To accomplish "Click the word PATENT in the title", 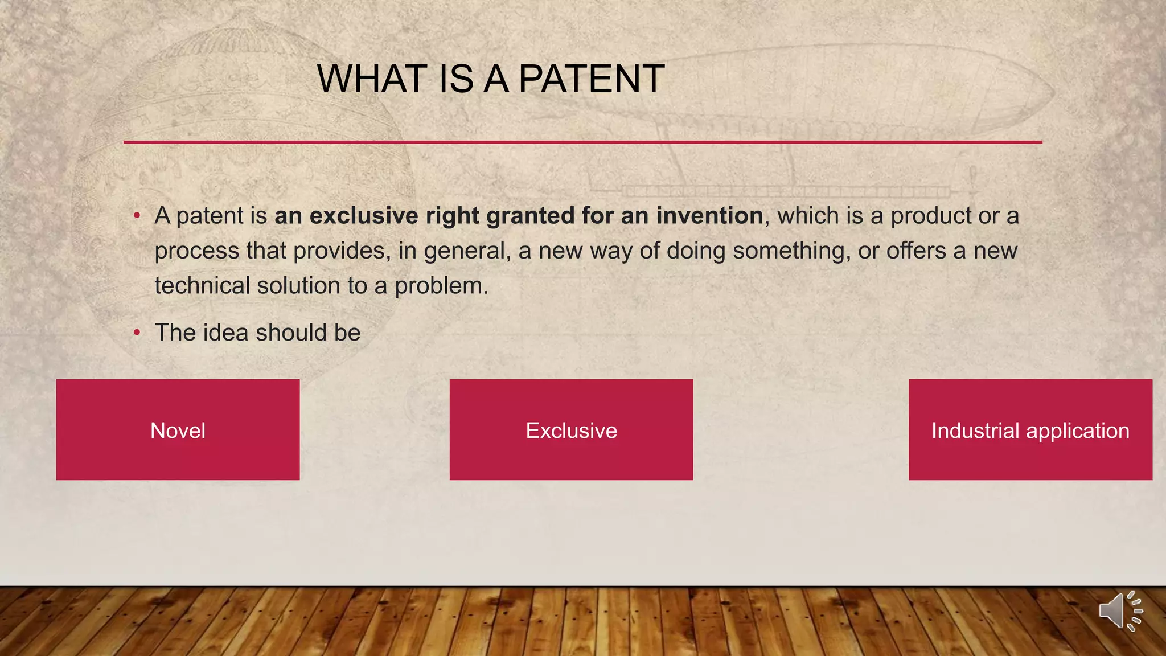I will coord(591,79).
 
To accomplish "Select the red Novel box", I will coord(178,430).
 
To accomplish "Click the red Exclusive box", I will coord(571,430).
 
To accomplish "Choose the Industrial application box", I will coord(1030,430).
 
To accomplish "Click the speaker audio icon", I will coord(1119,612).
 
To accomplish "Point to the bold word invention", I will coord(709,216).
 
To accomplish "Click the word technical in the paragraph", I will coord(202,285).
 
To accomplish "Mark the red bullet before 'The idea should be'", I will coord(137,333).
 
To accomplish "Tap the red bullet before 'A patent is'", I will coord(137,216).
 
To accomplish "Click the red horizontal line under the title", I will coord(582,142).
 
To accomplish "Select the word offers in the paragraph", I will coord(915,251).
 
